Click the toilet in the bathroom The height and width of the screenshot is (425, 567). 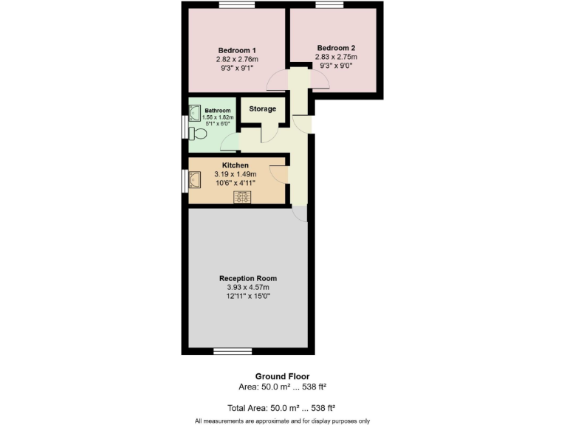pyautogui.click(x=197, y=134)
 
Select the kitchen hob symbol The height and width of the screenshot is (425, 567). pyautogui.click(x=241, y=196)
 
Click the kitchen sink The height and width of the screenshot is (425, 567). pyautogui.click(x=196, y=180)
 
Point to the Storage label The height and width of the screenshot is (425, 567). pyautogui.click(x=262, y=109)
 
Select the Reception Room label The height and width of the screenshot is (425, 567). pyautogui.click(x=248, y=278)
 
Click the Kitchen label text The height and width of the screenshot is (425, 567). pyautogui.click(x=236, y=165)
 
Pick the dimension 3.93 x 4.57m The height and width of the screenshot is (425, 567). pyautogui.click(x=248, y=288)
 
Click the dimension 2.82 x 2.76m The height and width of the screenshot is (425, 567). pyautogui.click(x=237, y=59)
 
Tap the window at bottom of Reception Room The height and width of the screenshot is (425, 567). pyautogui.click(x=233, y=350)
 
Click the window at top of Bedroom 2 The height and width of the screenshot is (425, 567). pyautogui.click(x=329, y=5)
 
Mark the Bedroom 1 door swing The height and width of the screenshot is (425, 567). pyautogui.click(x=278, y=79)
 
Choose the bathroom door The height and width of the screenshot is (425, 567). pyautogui.click(x=230, y=143)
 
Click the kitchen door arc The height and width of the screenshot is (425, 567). pyautogui.click(x=278, y=173)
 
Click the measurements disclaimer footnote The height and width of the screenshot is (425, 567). pyautogui.click(x=282, y=421)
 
